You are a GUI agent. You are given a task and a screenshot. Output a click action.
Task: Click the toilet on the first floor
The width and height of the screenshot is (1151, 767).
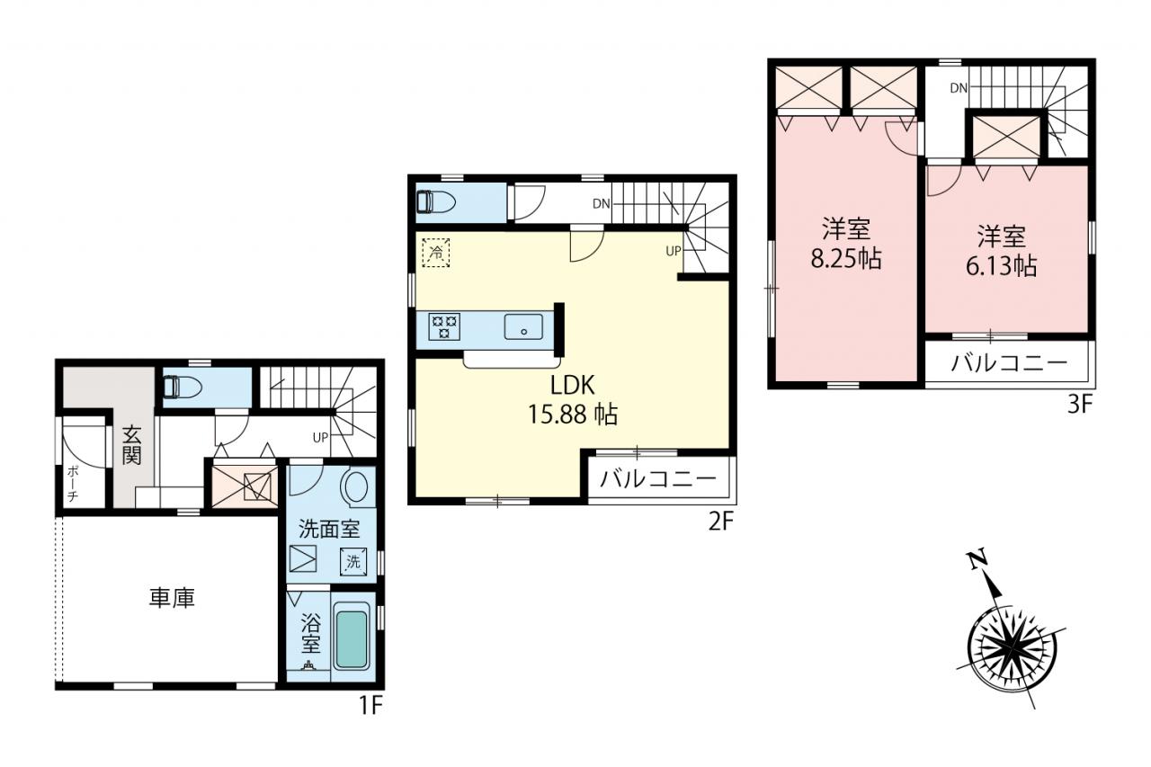coord(182,387)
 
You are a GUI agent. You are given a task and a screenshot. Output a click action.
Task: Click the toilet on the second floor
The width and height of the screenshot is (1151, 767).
coord(436,201)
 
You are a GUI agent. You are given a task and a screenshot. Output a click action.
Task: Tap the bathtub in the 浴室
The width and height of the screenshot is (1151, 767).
coord(352,636)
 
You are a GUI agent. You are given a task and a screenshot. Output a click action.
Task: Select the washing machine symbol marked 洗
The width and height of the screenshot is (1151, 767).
coord(353,561)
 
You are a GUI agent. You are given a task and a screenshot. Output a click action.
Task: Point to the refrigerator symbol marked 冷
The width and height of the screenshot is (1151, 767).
coord(436,253)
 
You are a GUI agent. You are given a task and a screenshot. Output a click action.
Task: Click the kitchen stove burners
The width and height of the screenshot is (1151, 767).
coord(445,327)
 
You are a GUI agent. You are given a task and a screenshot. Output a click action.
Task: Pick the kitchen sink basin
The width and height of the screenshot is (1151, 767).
coord(523,326)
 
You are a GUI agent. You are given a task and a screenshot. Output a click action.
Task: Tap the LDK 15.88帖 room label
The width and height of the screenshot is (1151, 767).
coord(573,399)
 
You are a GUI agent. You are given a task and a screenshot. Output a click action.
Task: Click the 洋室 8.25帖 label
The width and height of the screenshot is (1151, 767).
coord(846,244)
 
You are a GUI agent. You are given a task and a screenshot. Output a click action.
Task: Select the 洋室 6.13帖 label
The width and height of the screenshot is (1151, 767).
coord(1001,251)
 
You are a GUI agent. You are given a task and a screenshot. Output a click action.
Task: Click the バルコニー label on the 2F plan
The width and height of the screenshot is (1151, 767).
coord(658,479)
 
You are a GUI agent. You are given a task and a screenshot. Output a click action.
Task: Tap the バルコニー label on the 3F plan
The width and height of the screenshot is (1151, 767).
coord(1009,364)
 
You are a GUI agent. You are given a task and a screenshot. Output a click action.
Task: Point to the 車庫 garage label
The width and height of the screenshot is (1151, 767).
coord(172,599)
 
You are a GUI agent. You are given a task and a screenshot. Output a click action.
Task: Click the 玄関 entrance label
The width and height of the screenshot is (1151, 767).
coord(131,445)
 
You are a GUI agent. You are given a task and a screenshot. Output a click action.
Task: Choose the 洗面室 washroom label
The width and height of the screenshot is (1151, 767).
coord(329,529)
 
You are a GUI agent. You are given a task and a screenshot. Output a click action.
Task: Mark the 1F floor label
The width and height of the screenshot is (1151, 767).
coord(370,705)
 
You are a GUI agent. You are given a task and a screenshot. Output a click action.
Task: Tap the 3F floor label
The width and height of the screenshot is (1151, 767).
coord(1080,405)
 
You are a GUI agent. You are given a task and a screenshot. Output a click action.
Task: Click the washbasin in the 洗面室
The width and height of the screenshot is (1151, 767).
coord(355,486)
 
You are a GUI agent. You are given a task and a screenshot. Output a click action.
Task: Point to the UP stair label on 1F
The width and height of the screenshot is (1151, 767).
coord(320,438)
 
